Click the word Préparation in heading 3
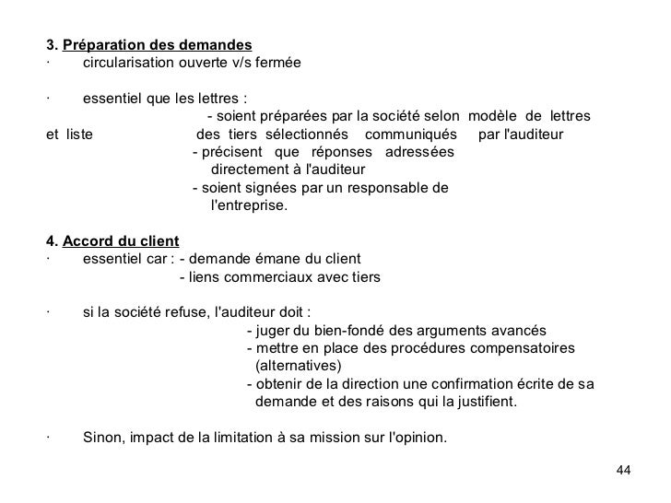point(100,44)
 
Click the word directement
point(248,170)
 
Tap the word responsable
point(390,188)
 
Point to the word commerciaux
point(291,276)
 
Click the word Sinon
point(102,438)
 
